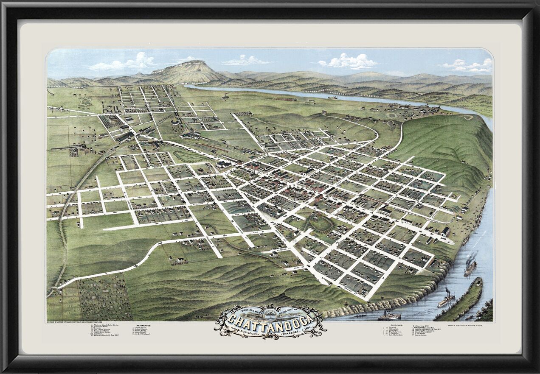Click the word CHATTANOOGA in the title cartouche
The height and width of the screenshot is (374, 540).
pos(270,319)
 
